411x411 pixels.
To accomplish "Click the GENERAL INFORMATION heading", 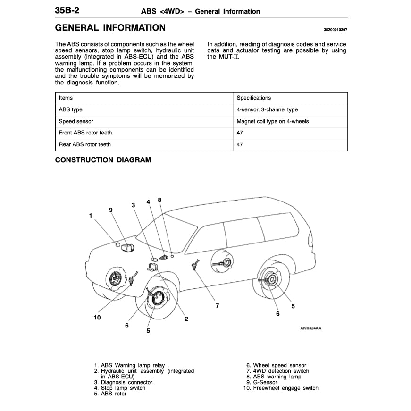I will tap(110, 28).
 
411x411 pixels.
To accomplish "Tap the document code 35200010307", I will tap(335, 30).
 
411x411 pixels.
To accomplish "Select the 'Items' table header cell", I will tap(66, 98).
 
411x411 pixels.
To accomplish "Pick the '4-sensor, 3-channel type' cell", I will tap(267, 109).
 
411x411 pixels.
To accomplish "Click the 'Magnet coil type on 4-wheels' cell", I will tap(273, 121).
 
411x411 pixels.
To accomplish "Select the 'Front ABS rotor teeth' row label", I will tap(85, 133).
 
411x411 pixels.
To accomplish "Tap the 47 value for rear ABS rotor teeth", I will tap(240, 144).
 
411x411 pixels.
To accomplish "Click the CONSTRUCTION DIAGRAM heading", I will tap(103, 160).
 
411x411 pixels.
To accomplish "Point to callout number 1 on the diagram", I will tap(90, 215).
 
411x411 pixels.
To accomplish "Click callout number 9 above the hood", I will tap(110, 210).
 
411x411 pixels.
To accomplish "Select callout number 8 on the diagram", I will tap(159, 200).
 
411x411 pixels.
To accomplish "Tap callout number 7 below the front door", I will tap(217, 306).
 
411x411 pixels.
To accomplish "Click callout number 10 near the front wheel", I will tap(97, 318).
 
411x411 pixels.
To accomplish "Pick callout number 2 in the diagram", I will tap(186, 319).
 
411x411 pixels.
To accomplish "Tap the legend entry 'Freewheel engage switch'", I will tap(285, 388).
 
